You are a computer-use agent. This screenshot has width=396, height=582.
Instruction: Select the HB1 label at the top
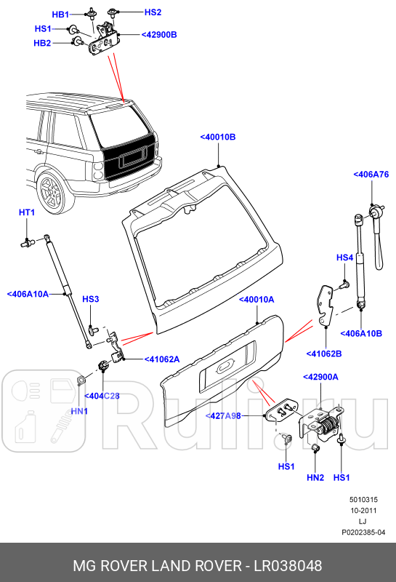(61, 15)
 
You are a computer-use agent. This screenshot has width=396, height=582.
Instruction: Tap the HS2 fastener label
(153, 12)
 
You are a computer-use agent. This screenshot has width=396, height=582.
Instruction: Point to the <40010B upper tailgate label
(219, 137)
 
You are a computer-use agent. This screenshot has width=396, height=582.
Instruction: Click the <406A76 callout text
(371, 175)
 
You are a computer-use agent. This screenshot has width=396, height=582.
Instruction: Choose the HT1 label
(26, 212)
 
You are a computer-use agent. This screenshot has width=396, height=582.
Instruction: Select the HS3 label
(90, 299)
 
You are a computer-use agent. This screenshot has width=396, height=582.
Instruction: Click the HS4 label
(344, 258)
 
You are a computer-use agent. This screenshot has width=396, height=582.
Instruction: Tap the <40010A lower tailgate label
(256, 299)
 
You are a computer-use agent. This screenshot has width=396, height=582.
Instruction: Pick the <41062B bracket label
(325, 354)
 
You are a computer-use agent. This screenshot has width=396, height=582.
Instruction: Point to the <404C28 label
(102, 396)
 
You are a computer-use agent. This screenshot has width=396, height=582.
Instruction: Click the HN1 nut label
(79, 411)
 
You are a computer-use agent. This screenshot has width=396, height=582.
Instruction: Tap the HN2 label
(315, 477)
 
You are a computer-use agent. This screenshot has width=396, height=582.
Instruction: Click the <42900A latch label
(321, 377)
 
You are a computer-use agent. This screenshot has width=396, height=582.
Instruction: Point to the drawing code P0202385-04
(363, 533)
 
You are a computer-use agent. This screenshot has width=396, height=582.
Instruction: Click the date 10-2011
(363, 511)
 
